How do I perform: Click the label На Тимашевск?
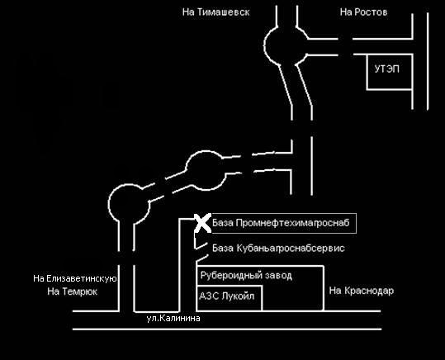(216, 12)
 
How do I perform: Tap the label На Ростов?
(363, 12)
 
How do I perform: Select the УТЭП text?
(387, 69)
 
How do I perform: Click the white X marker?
(203, 223)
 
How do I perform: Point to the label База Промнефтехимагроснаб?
(281, 223)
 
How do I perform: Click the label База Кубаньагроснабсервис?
(278, 249)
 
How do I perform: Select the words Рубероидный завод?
(246, 276)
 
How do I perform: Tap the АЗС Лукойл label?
(227, 296)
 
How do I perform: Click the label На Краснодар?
(362, 291)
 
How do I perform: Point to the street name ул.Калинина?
(173, 318)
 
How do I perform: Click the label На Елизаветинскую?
(75, 278)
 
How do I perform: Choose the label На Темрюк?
(73, 291)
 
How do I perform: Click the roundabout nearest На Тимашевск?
(265, 45)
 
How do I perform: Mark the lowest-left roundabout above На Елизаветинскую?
(109, 203)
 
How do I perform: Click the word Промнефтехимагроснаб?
(292, 223)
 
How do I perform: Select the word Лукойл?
(238, 296)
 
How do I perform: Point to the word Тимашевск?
(224, 12)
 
